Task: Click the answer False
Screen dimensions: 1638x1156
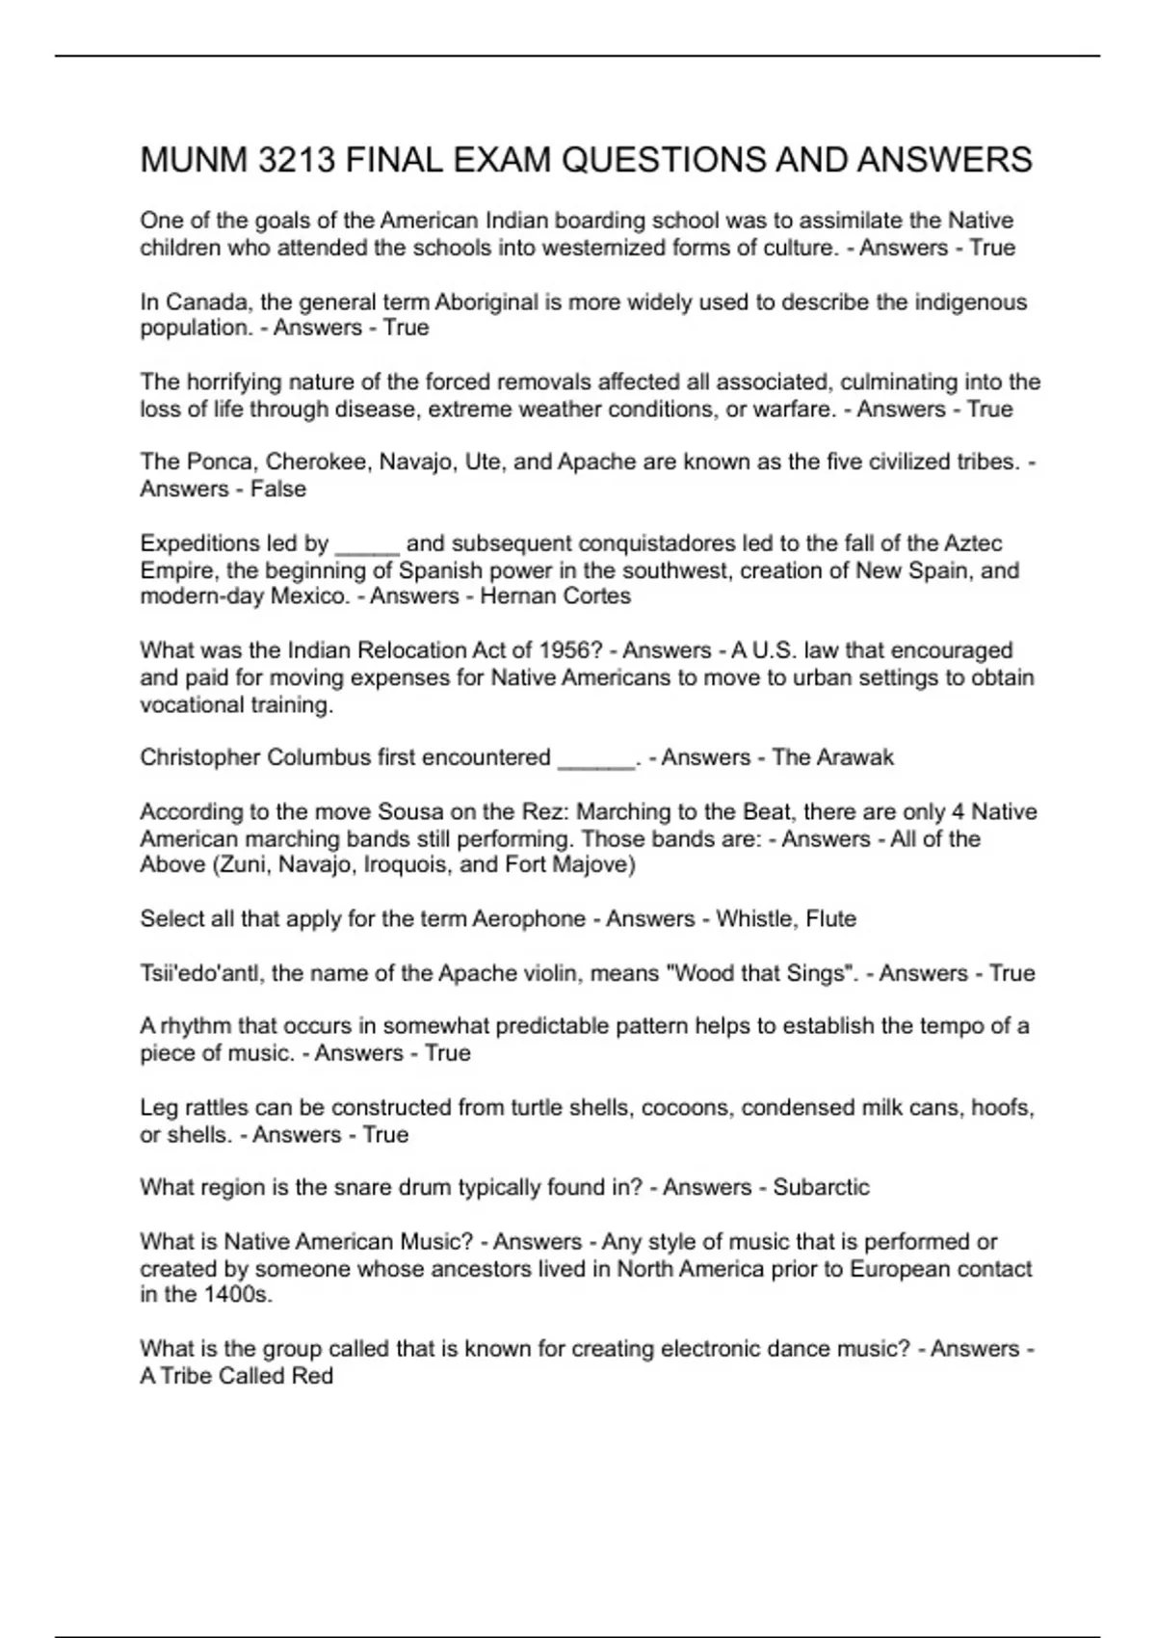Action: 278,489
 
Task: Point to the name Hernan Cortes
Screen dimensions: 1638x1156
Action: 555,596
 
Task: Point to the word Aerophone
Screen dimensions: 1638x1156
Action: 528,919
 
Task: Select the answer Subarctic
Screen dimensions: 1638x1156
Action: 821,1187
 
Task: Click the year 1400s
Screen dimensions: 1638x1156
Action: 237,1295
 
